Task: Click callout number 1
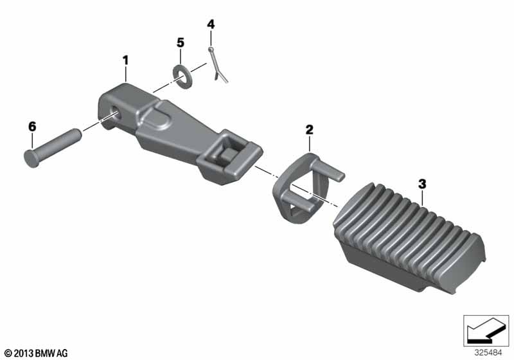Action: tap(125, 60)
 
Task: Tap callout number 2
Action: tap(309, 130)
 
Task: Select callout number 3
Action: tap(422, 184)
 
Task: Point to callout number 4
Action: tap(211, 24)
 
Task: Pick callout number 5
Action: tap(181, 42)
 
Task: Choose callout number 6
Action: tap(32, 126)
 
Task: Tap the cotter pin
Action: tap(217, 65)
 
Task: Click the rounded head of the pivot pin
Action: tap(31, 159)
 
